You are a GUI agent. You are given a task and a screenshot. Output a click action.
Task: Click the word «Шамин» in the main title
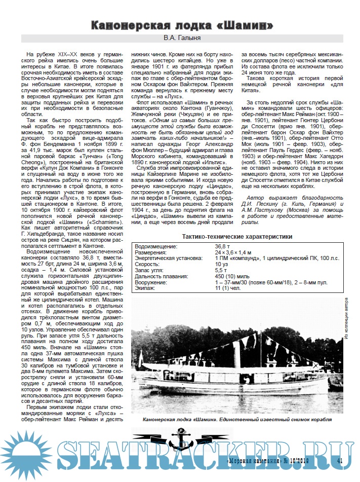point(248,25)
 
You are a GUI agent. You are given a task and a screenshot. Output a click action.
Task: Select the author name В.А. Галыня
point(180,38)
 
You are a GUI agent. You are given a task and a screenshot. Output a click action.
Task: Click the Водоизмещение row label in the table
point(156,246)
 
